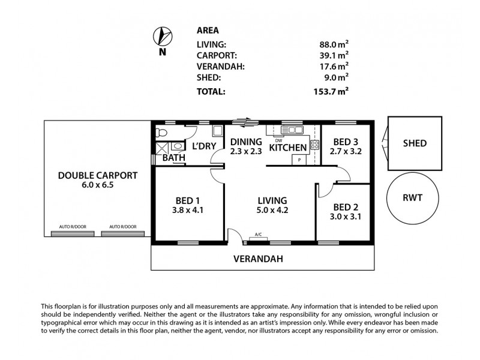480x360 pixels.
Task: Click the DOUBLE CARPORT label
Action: pyautogui.click(x=98, y=176)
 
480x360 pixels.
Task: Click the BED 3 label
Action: pyautogui.click(x=346, y=142)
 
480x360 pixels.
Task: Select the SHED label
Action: pyautogui.click(x=415, y=143)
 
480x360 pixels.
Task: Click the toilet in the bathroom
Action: pyautogui.click(x=159, y=131)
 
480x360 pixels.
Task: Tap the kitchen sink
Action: pyautogui.click(x=295, y=129)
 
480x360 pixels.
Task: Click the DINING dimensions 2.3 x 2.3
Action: pyautogui.click(x=245, y=151)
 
